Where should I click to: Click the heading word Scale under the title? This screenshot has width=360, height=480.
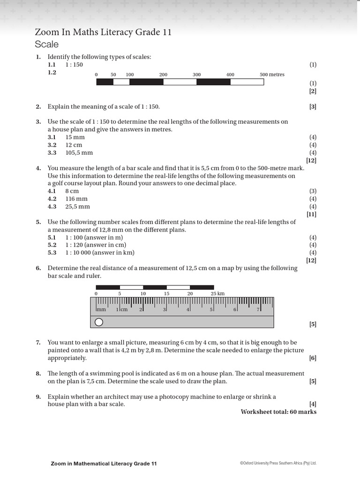coord(47,45)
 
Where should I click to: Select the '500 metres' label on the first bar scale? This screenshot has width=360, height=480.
coord(272,75)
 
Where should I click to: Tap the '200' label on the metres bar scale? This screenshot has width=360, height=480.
coord(163,75)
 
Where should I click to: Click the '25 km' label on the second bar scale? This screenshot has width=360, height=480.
coord(217,293)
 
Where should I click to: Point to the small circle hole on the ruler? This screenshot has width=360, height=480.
coord(99,322)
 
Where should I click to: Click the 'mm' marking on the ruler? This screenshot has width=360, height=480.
coord(102,309)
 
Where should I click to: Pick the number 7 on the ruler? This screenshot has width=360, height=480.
coord(258,309)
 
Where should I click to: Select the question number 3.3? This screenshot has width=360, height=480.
coord(52,152)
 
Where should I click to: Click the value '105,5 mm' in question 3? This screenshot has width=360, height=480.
coord(79,152)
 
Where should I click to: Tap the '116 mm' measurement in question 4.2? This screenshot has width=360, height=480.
coord(76,199)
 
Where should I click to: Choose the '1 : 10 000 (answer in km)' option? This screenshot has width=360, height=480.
coord(99,253)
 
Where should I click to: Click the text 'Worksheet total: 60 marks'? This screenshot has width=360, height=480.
coord(278,412)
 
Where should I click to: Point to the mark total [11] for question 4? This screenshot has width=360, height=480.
coord(311,214)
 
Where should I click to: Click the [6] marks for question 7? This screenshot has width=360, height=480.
coord(313,358)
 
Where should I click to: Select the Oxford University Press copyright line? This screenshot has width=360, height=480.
coord(278,463)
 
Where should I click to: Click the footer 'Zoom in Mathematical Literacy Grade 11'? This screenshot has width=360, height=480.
coord(104,463)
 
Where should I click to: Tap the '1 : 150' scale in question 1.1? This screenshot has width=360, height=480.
coord(74,65)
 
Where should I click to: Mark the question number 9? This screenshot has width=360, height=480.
coord(38,397)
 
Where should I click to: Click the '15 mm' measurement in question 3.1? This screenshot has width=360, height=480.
coord(75,137)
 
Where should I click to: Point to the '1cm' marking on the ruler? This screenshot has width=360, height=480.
coord(121,309)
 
